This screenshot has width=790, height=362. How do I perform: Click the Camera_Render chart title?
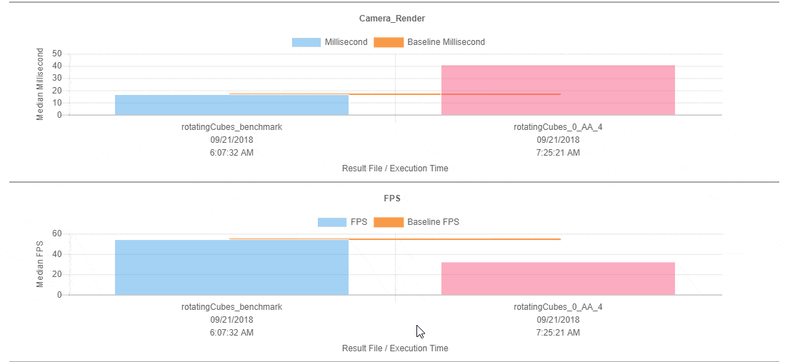395,19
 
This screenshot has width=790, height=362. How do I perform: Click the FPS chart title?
395,198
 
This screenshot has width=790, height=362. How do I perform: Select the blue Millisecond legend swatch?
306,42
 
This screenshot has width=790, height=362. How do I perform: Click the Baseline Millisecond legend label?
446,42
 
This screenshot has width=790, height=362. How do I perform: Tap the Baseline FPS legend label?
433,222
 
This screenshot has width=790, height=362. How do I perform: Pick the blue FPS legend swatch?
331,222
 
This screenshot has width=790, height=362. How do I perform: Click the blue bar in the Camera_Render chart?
231,105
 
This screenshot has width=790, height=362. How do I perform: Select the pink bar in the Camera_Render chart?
558,90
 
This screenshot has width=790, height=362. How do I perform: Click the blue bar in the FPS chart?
231,267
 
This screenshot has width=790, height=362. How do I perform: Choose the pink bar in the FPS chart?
558,278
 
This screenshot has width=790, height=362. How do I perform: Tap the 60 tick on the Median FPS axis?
57,234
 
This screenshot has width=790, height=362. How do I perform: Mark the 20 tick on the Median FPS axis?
57,275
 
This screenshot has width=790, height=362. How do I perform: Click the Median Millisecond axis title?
41,84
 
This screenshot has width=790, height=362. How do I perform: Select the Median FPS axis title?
41,264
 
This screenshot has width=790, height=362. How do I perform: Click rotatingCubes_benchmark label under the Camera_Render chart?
231,127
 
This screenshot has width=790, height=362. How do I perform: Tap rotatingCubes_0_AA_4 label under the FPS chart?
558,307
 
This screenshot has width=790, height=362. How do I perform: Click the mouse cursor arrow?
421,331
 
